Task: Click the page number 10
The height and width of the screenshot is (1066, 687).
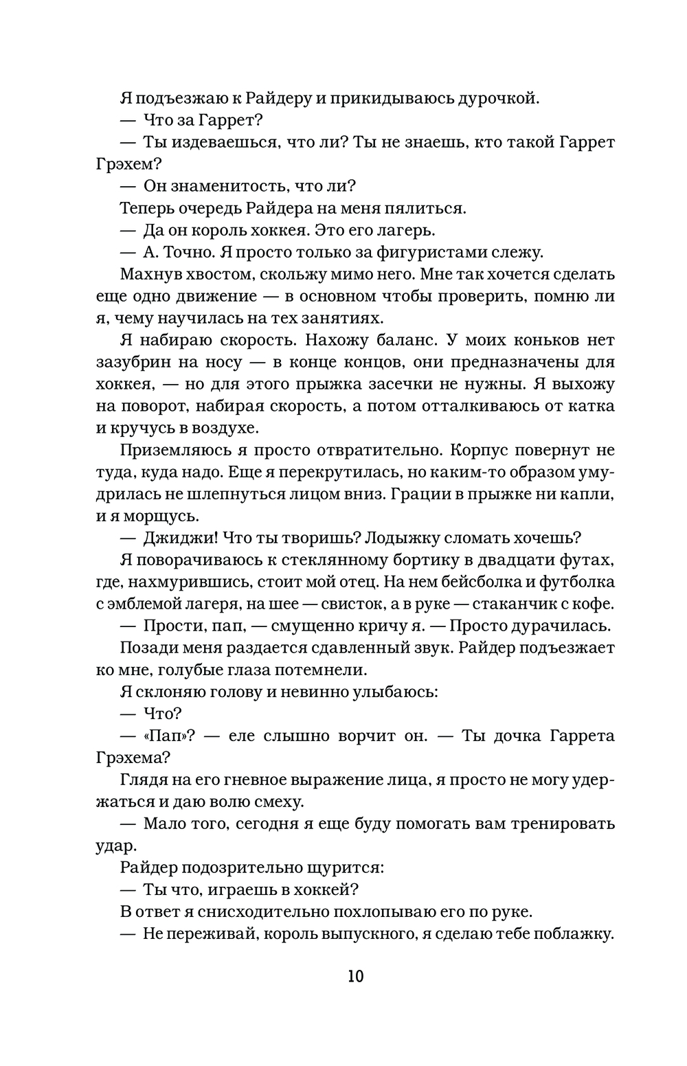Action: (355, 976)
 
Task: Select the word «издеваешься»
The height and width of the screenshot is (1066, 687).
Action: (212, 142)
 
